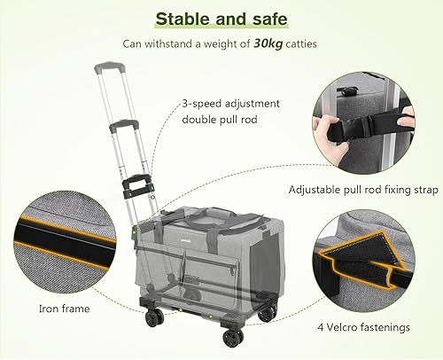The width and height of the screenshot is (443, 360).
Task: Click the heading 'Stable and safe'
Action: tap(221, 19)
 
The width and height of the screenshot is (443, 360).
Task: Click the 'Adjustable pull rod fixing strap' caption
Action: tap(363, 189)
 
